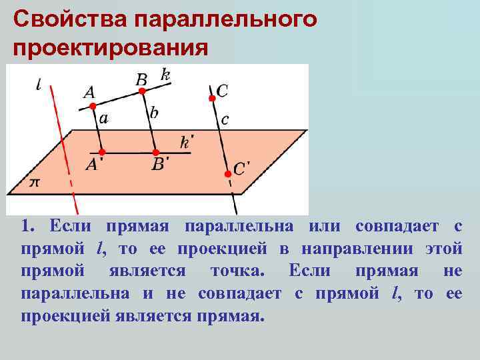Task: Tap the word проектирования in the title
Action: (x=111, y=48)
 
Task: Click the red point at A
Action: (x=93, y=106)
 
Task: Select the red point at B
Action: (x=141, y=91)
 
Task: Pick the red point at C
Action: (x=212, y=99)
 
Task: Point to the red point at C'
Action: (x=227, y=173)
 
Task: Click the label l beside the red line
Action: (x=40, y=85)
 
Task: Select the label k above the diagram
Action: (x=165, y=74)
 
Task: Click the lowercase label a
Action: (x=103, y=119)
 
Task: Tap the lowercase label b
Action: (x=154, y=113)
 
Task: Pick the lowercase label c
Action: (x=225, y=120)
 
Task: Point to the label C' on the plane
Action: (x=241, y=168)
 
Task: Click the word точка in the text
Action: (x=237, y=271)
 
